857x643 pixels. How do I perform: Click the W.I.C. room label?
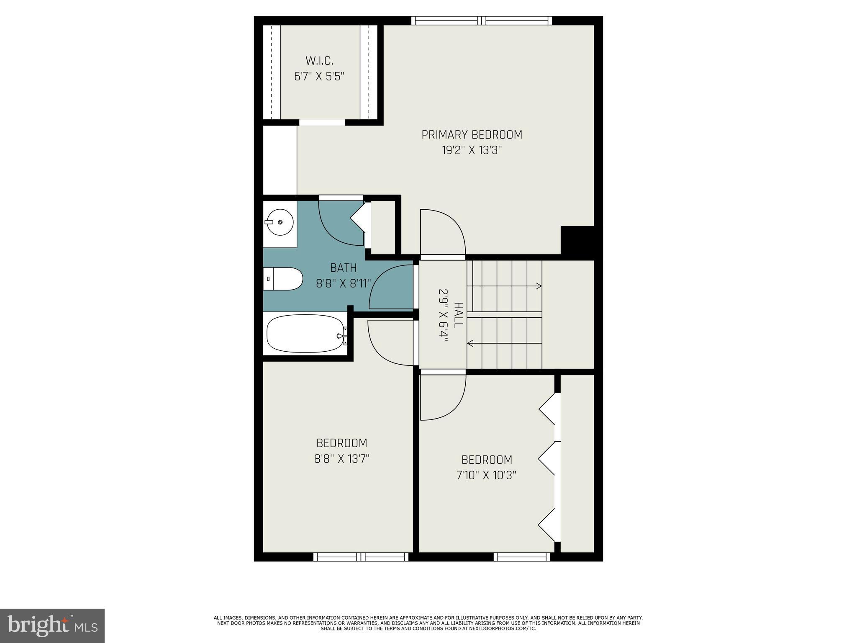(319, 61)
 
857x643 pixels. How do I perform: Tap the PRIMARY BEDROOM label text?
(472, 135)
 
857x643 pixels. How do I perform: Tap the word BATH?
(343, 267)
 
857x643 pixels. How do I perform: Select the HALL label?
(459, 315)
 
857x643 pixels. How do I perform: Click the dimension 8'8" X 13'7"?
(342, 459)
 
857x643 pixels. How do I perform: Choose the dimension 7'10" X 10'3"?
(487, 476)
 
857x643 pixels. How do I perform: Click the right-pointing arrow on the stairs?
(539, 286)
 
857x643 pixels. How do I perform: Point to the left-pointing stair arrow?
(470, 344)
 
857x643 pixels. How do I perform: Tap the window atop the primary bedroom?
(481, 21)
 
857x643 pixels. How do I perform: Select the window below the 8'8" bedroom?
(361, 557)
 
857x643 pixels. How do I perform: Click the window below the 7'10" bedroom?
(521, 557)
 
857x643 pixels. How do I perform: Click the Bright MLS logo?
(52, 625)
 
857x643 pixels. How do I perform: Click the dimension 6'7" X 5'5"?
(319, 77)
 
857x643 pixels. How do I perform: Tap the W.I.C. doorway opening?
(322, 122)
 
